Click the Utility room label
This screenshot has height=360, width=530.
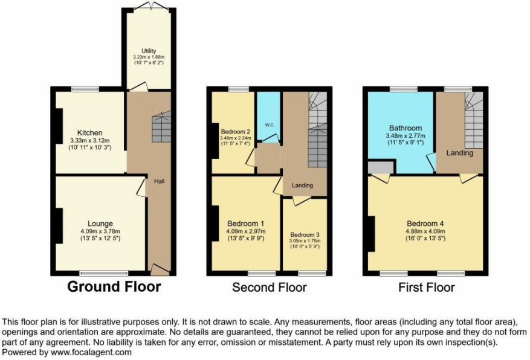point(149,51)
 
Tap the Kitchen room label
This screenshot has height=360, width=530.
point(89,133)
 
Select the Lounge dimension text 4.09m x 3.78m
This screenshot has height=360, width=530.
point(100,231)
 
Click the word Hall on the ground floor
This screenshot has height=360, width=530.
point(159,181)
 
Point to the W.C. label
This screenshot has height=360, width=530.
point(270,125)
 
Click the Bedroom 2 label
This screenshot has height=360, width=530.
point(236,132)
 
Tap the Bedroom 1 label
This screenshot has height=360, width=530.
point(246,223)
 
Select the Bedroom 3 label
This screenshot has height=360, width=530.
point(305,235)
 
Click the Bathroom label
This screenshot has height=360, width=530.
point(406,128)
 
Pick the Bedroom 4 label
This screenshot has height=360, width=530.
point(425,223)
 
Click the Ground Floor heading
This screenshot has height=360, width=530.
point(114,286)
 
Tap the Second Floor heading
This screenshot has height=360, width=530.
point(270,288)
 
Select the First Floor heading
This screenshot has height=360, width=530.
point(427,288)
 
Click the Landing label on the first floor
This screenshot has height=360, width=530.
point(460,153)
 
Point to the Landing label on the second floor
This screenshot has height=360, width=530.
point(302,185)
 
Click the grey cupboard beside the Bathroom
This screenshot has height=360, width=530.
point(381,167)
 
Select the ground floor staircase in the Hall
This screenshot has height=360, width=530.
point(161,127)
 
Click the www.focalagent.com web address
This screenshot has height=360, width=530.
point(91,353)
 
